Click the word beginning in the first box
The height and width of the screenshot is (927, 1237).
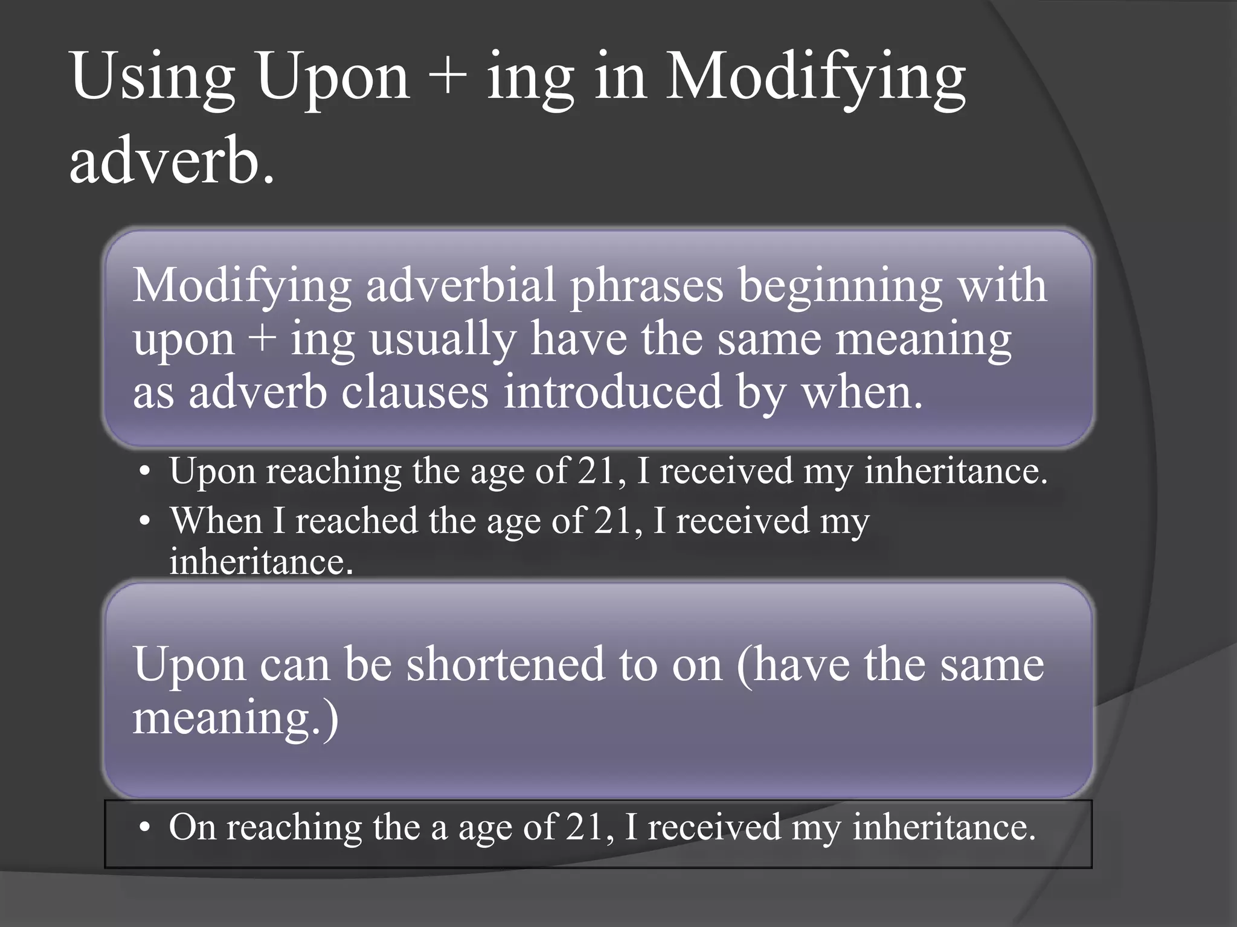click(x=840, y=286)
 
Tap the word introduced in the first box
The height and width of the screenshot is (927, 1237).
click(x=613, y=392)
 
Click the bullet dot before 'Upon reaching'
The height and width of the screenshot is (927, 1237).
click(x=143, y=473)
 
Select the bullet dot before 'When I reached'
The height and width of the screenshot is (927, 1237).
click(x=143, y=521)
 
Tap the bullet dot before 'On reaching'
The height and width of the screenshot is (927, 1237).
click(x=143, y=829)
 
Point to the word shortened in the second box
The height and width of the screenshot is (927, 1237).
click(x=505, y=664)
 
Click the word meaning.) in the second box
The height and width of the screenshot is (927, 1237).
click(x=236, y=718)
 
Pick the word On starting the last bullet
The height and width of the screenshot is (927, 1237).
click(x=193, y=827)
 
